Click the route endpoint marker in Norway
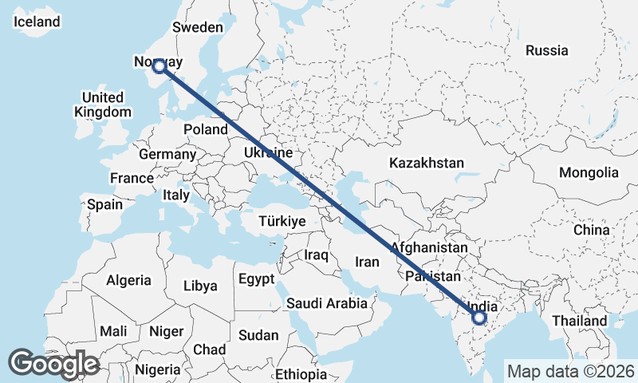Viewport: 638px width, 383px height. pyautogui.click(x=159, y=66)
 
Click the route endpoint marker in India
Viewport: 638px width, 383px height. pyautogui.click(x=478, y=318)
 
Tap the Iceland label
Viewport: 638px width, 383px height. pyautogui.click(x=37, y=22)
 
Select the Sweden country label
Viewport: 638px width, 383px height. pyautogui.click(x=198, y=27)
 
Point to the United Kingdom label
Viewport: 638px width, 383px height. pyautogui.click(x=102, y=105)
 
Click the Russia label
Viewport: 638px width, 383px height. pyautogui.click(x=547, y=50)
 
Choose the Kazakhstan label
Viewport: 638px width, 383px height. pyautogui.click(x=426, y=163)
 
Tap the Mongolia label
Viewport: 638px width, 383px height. pyautogui.click(x=589, y=172)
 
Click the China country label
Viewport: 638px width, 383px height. pyautogui.click(x=591, y=230)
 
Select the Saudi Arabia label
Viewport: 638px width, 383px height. pyautogui.click(x=327, y=303)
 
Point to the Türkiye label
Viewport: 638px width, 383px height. pyautogui.click(x=282, y=221)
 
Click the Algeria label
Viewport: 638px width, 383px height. pyautogui.click(x=128, y=280)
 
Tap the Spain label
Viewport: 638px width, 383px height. pyautogui.click(x=105, y=204)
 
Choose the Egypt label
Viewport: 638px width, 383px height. pyautogui.click(x=256, y=279)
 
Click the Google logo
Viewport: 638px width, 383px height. pyautogui.click(x=53, y=364)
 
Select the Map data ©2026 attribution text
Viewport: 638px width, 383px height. pyautogui.click(x=571, y=371)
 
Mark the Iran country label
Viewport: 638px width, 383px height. pyautogui.click(x=367, y=261)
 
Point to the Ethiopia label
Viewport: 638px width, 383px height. pyautogui.click(x=301, y=374)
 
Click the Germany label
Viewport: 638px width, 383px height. pyautogui.click(x=167, y=154)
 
